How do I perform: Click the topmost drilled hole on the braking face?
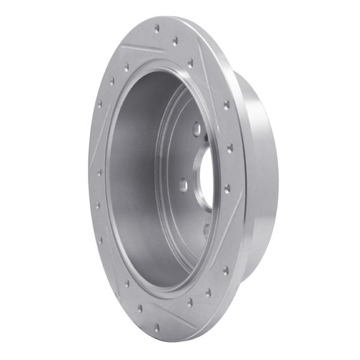(156, 28)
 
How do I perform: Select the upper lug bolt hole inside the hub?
(195, 130)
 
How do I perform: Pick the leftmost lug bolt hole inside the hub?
(183, 185)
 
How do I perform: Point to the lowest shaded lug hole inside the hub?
(204, 231)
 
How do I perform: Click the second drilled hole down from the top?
(175, 42)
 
